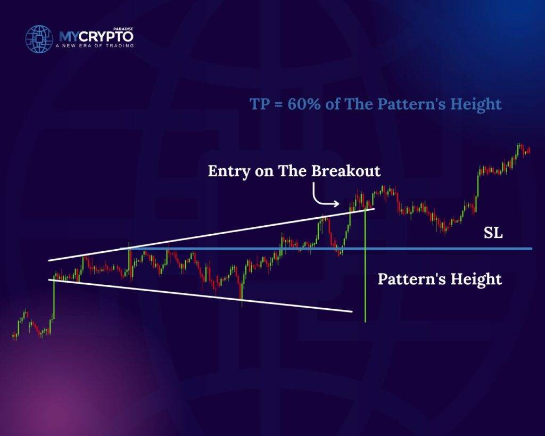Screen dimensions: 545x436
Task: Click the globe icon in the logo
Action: pos(39,38)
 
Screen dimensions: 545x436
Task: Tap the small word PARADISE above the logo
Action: pos(123,29)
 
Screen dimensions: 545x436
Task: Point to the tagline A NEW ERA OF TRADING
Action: pos(95,46)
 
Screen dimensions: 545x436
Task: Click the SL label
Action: pos(493,233)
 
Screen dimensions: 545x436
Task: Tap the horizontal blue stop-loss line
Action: pos(326,249)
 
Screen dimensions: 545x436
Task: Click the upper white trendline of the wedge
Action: pos(212,234)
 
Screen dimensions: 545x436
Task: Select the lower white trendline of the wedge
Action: pos(200,295)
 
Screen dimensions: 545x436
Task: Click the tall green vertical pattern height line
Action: pos(365,264)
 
